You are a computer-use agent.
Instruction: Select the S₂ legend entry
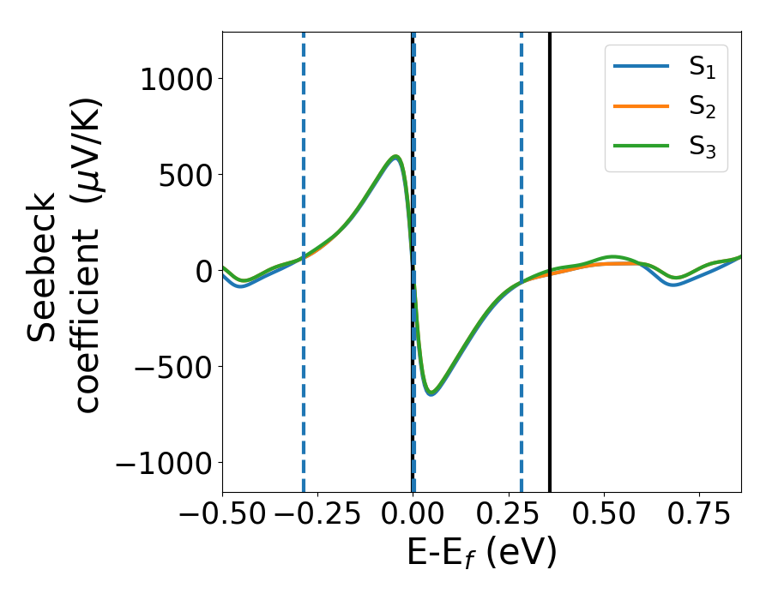(x=666, y=108)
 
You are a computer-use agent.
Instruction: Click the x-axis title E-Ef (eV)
(x=481, y=553)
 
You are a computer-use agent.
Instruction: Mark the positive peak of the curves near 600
(x=395, y=157)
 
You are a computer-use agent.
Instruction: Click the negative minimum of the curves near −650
(x=432, y=393)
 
